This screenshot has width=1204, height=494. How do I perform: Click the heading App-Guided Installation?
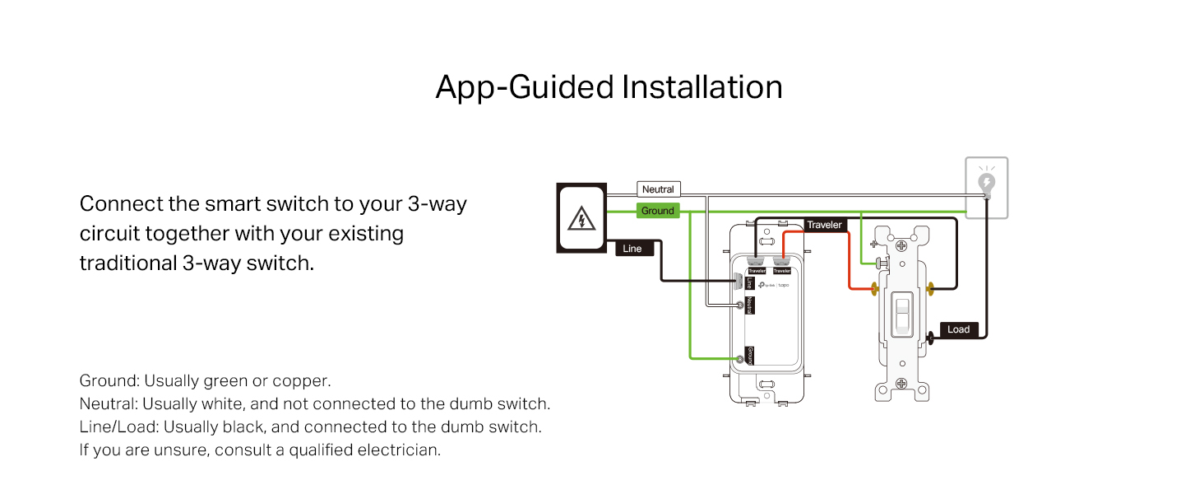(x=609, y=87)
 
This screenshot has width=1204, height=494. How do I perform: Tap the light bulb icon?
(x=986, y=182)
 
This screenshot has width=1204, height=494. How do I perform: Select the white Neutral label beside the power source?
(x=658, y=189)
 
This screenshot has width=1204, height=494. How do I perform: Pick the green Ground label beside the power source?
(x=658, y=211)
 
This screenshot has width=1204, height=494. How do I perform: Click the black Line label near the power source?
(x=632, y=249)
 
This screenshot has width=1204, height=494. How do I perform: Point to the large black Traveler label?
(x=824, y=225)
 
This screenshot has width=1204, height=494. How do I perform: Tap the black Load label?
(x=958, y=329)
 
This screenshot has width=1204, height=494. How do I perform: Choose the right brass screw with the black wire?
(x=930, y=289)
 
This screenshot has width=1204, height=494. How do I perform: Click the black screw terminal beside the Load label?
(x=930, y=336)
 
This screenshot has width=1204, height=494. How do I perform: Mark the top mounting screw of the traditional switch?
(x=902, y=245)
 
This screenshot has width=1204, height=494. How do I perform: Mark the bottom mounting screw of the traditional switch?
(x=902, y=384)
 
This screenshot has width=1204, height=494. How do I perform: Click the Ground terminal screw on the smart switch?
(x=743, y=358)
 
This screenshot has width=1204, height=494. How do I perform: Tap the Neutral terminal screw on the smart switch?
(x=743, y=306)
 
